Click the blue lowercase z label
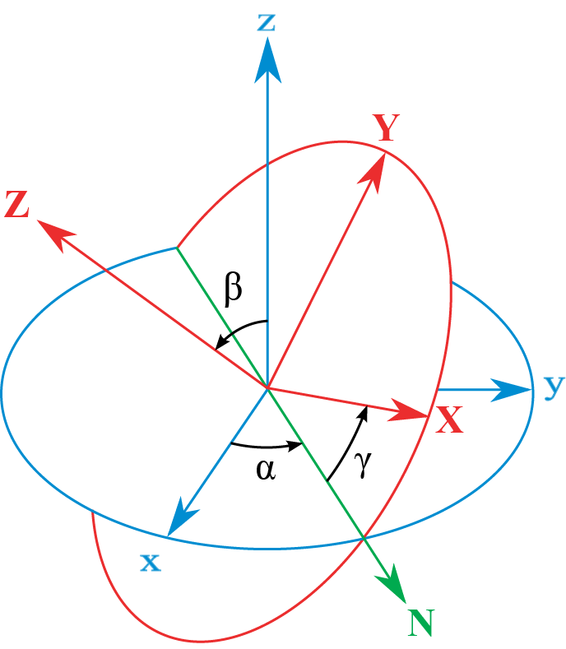[x=266, y=21]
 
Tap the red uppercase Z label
[x=16, y=204]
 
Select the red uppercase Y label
[x=385, y=127]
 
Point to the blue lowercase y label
[x=554, y=386]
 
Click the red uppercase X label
[x=449, y=421]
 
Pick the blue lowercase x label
[x=150, y=563]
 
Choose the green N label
[x=420, y=623]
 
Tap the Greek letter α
[x=265, y=470]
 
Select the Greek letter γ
[x=363, y=465]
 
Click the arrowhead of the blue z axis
[x=267, y=62]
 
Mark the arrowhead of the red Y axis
[x=377, y=169]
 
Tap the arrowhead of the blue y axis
[x=514, y=390]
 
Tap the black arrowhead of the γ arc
[x=363, y=410]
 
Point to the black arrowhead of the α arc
[x=295, y=447]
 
